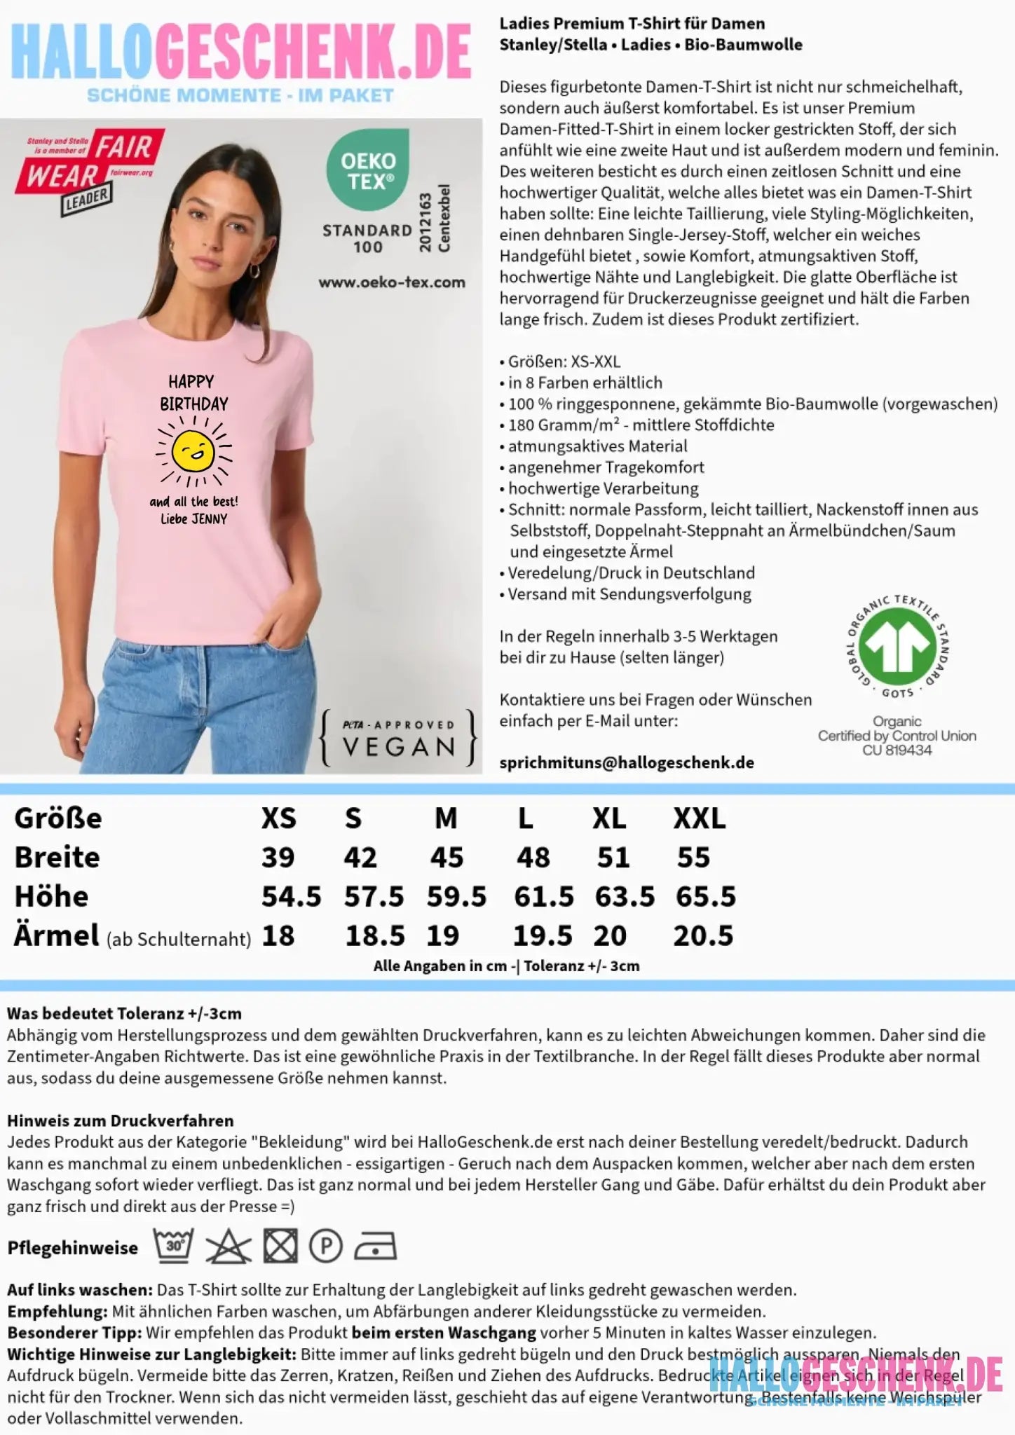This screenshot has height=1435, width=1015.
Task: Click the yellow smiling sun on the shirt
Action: (x=193, y=451)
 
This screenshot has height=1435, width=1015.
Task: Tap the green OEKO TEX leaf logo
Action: (x=368, y=170)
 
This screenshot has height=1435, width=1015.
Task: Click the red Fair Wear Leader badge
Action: (x=90, y=168)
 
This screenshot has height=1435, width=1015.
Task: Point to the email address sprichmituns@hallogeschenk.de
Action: (x=627, y=762)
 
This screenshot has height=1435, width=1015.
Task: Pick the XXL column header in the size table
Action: (x=700, y=818)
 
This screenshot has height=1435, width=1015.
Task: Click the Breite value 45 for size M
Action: (x=447, y=857)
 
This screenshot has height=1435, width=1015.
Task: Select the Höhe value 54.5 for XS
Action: (x=291, y=896)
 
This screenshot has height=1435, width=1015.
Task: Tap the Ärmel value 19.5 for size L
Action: (x=543, y=935)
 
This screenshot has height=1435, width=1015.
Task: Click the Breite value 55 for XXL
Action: (x=693, y=857)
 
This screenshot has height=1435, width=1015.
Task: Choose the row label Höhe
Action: (x=51, y=896)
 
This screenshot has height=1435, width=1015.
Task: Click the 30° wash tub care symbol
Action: (x=174, y=1247)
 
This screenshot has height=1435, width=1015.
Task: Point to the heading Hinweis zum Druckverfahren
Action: (x=120, y=1120)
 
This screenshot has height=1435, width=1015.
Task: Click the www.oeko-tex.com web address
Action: (x=392, y=282)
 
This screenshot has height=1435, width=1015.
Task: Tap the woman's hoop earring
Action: (x=254, y=270)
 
